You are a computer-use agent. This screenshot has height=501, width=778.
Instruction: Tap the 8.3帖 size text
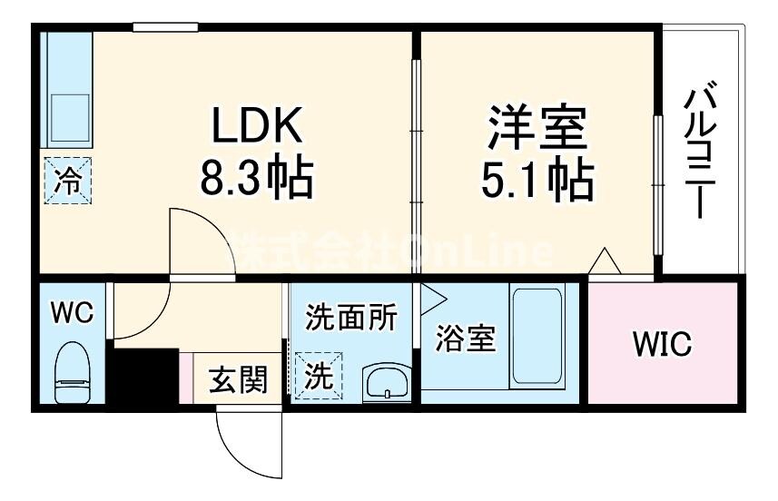[x=256, y=178]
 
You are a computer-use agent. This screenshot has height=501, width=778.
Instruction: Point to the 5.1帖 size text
[x=537, y=180]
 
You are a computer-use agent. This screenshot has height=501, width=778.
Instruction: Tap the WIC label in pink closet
[x=662, y=344]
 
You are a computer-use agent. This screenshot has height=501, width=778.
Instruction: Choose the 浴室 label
[x=465, y=339]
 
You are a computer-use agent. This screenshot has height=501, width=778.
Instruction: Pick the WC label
[x=72, y=313]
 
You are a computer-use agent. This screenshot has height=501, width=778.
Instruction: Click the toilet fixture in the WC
[x=72, y=372]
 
